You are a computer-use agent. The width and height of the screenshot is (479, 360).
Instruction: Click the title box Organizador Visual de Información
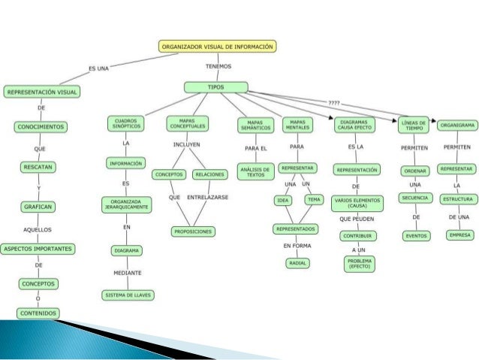click(x=218, y=47)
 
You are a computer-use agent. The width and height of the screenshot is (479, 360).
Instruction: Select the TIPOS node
click(x=216, y=87)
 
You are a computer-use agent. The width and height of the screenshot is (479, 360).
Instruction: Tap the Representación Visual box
click(x=42, y=92)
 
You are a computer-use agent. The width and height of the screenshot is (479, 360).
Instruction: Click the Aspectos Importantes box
click(x=38, y=248)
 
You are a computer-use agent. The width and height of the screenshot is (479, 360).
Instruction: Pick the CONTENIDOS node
click(x=38, y=313)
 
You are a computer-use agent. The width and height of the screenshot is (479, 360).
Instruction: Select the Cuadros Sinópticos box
click(x=125, y=124)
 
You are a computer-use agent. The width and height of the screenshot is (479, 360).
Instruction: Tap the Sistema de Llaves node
click(x=127, y=295)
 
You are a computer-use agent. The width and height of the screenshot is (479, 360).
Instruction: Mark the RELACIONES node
click(x=209, y=174)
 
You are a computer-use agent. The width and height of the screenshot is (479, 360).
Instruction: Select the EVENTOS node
click(x=415, y=235)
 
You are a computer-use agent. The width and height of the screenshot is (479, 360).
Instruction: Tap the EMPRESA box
click(x=457, y=235)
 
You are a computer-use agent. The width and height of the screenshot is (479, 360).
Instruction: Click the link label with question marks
click(x=334, y=102)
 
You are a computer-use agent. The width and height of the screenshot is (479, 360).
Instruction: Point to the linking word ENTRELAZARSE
click(x=208, y=197)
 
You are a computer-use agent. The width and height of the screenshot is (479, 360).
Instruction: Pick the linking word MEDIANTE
click(x=127, y=272)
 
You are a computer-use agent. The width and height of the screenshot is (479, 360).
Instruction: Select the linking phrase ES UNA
click(x=99, y=68)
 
